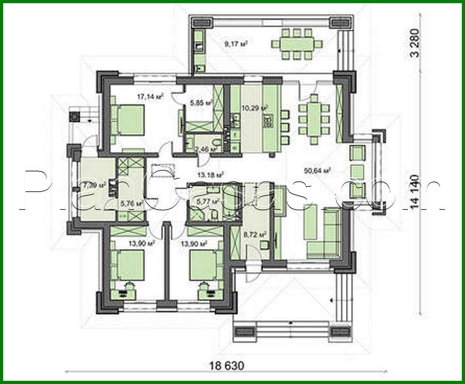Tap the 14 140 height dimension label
[x=415, y=192]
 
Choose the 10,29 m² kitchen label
[x=255, y=108]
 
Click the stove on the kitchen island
[x=270, y=121]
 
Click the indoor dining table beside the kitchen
[x=314, y=119]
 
